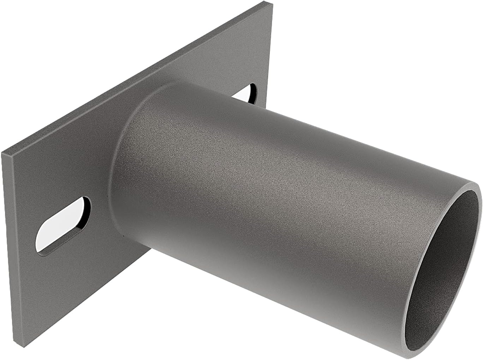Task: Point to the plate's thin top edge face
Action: (x=141, y=78)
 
